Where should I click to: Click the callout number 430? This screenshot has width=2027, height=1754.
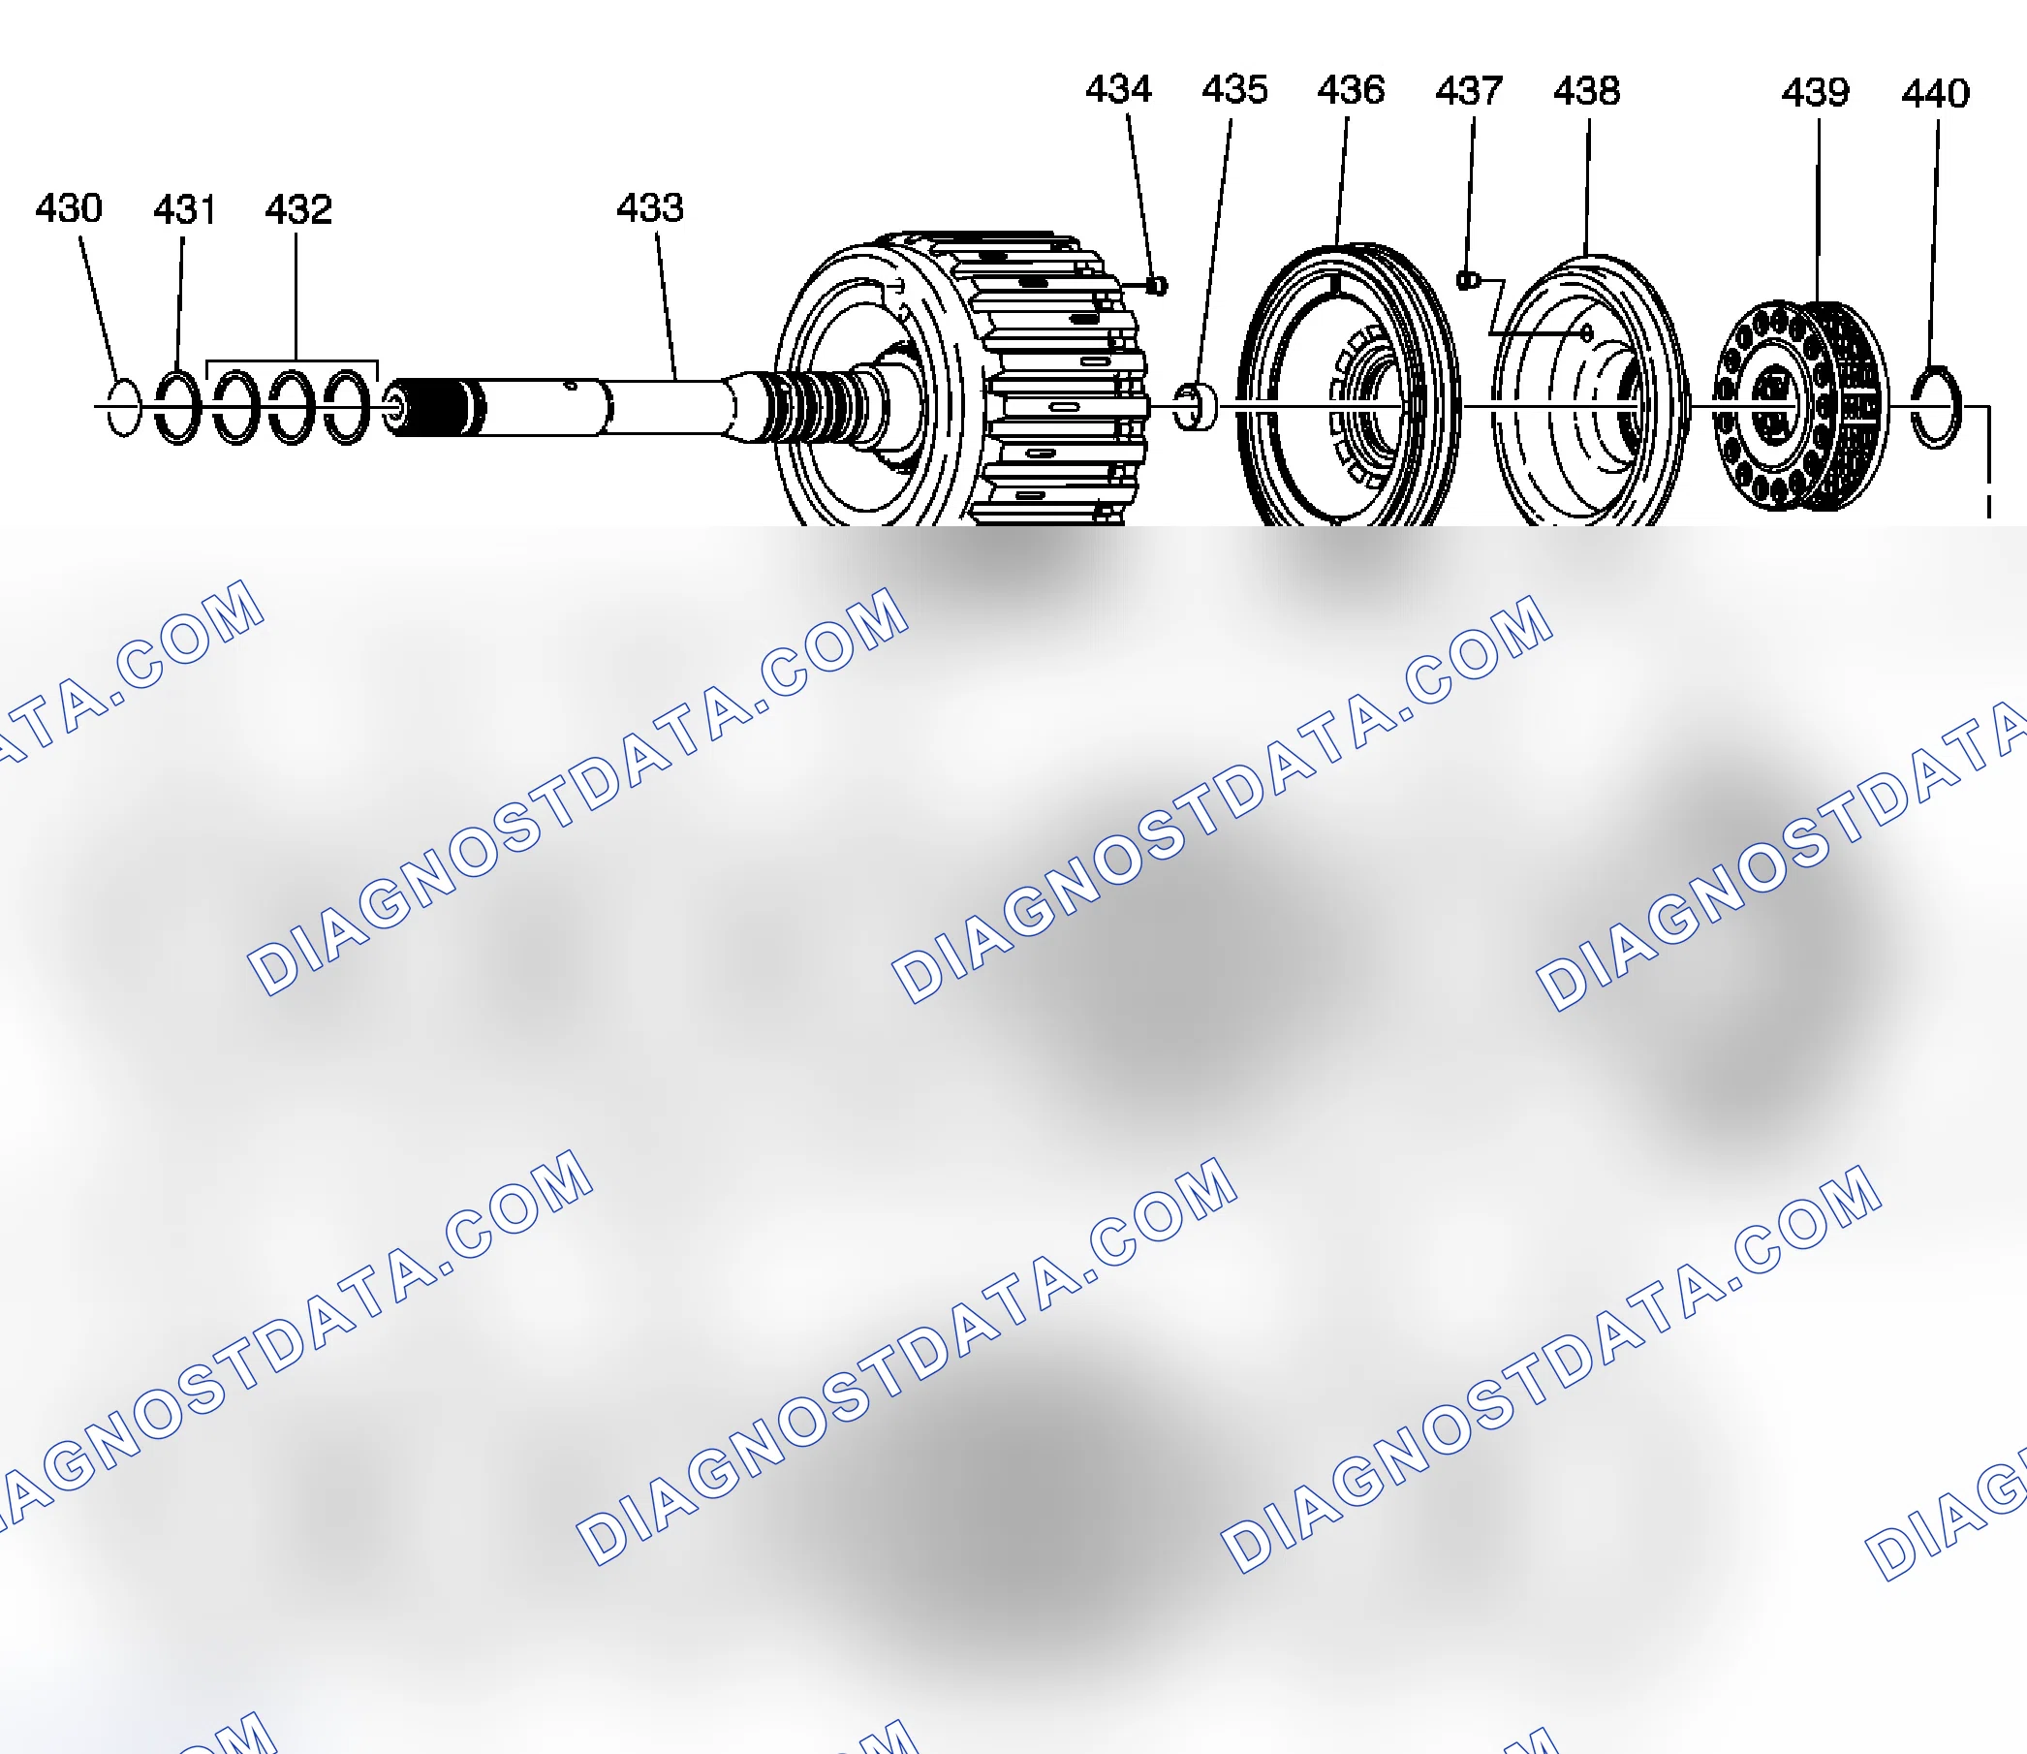click(69, 207)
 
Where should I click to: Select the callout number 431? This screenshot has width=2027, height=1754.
click(184, 209)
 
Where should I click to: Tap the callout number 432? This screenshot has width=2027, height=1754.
click(298, 209)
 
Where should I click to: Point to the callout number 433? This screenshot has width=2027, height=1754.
click(650, 207)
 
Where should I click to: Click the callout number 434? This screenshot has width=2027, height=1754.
click(1119, 89)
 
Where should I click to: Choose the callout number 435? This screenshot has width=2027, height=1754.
click(1235, 89)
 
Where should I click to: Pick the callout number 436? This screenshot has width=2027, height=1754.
click(1351, 90)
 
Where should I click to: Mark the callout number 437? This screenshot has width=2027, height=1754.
click(1468, 91)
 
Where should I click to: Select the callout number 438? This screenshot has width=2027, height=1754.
click(1586, 91)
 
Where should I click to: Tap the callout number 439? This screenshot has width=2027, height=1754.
click(1816, 93)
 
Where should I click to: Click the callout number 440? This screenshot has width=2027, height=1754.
click(1935, 94)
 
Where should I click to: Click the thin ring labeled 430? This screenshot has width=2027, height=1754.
click(109, 407)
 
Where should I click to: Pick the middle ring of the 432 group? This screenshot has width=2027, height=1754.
click(273, 407)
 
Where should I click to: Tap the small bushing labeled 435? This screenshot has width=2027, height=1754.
click(1195, 406)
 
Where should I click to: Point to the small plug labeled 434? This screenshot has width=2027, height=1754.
click(1156, 286)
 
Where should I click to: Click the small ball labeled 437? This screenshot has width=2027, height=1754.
click(1465, 281)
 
